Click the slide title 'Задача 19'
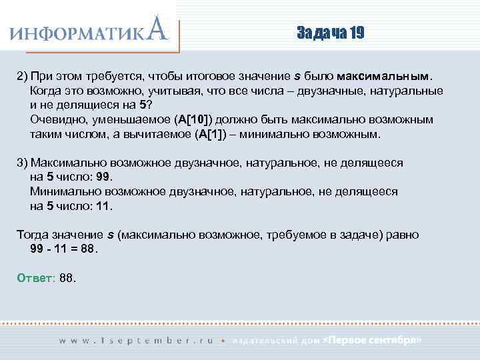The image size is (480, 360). tap(330, 33)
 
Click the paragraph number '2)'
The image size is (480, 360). tap(22, 75)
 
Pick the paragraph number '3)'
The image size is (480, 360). tap(22, 162)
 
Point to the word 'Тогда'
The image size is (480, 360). tap(32, 235)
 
